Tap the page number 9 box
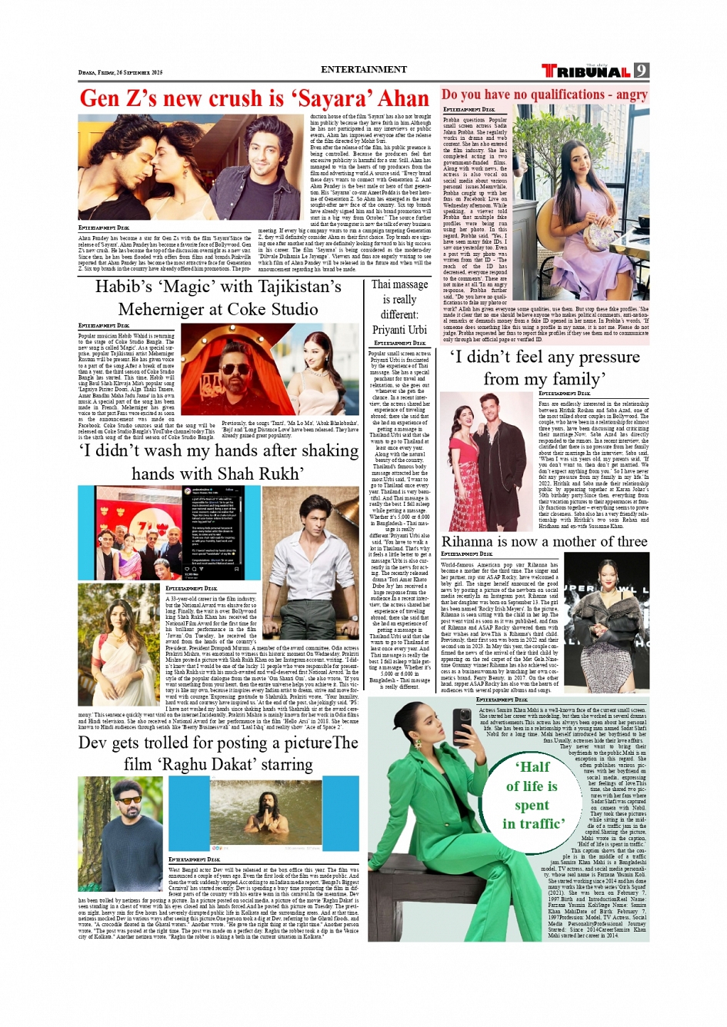642,71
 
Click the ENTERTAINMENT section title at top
363,69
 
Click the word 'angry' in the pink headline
632,95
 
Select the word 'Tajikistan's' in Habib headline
292,287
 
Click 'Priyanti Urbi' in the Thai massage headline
399,330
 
